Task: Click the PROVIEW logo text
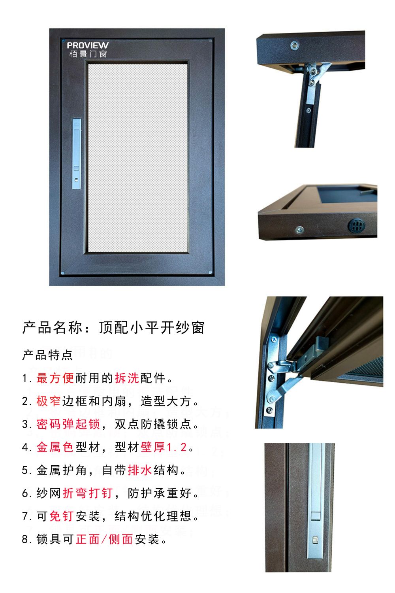88,45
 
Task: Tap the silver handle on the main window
77,153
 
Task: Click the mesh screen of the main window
137,158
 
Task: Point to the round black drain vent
356,225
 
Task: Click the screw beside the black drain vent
299,230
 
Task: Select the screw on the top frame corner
294,45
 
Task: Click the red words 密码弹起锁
68,424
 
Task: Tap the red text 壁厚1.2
164,447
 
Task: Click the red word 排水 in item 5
140,470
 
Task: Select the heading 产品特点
47,355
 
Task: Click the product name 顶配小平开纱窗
152,327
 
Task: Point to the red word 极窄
49,401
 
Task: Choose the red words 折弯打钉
88,493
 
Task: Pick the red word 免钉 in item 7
61,516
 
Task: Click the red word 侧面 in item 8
120,539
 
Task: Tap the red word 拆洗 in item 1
127,378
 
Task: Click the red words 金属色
55,447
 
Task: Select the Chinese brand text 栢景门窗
88,54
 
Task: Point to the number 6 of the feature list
25,493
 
